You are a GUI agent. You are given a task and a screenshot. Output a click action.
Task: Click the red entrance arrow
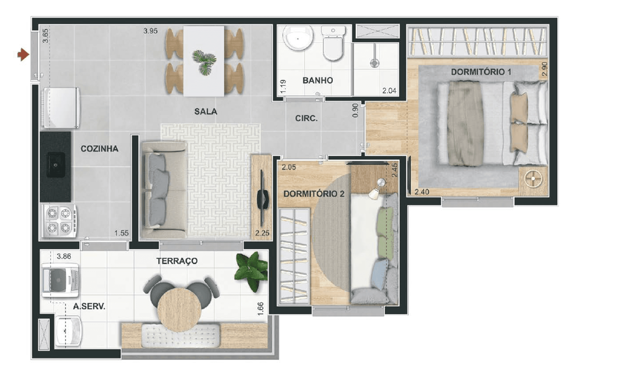click(x=23, y=55)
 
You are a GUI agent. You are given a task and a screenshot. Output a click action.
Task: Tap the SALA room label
click(x=206, y=111)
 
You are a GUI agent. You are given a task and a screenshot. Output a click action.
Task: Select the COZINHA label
click(x=99, y=148)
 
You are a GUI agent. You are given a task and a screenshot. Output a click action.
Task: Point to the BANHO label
click(x=317, y=80)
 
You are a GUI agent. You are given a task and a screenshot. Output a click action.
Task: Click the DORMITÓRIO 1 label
click(x=481, y=72)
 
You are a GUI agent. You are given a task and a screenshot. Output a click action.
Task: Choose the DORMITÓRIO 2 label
click(x=314, y=194)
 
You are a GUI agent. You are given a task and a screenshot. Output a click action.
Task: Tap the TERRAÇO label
click(x=177, y=261)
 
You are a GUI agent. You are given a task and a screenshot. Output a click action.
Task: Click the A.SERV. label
click(x=89, y=306)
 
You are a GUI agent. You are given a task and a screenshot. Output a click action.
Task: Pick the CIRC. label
click(x=306, y=118)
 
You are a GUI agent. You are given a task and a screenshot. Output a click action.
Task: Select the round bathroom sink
click(x=298, y=38)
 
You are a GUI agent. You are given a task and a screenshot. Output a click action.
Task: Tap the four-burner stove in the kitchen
click(x=59, y=221)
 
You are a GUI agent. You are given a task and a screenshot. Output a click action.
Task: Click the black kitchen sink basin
click(x=56, y=165)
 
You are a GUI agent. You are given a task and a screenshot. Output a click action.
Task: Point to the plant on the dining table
click(x=204, y=62)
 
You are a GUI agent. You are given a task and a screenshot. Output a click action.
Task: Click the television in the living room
click(x=262, y=198)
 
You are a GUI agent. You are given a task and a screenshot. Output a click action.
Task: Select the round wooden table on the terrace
click(x=179, y=310)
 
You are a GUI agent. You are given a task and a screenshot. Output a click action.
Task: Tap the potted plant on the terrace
click(x=251, y=271)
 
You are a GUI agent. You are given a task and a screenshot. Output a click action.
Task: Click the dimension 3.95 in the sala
click(x=150, y=31)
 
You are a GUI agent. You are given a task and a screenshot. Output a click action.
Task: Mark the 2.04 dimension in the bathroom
click(x=389, y=90)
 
